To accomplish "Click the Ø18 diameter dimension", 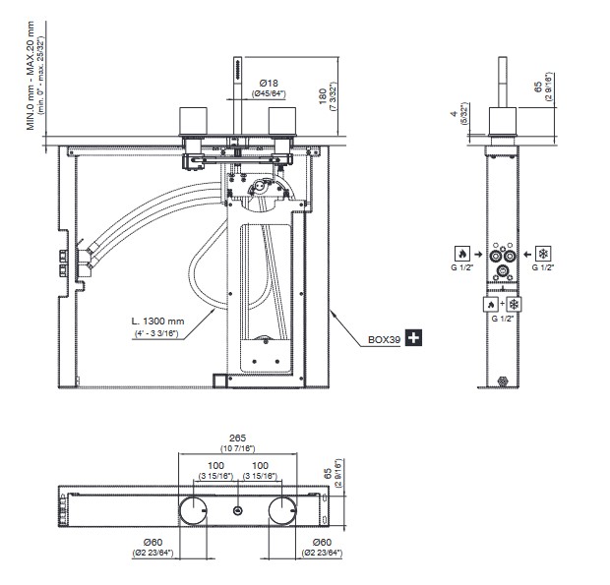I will tap(269, 83).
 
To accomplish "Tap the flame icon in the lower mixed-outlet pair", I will tap(490, 305).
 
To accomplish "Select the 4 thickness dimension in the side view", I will tap(454, 115).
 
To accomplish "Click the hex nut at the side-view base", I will tap(505, 381).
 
